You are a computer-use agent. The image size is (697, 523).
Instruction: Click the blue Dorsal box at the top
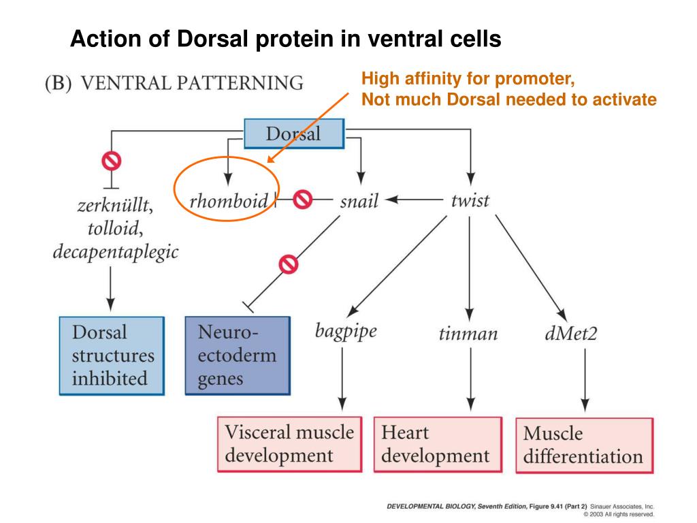pos(294,133)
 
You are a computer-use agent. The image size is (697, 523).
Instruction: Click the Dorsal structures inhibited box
pos(112,355)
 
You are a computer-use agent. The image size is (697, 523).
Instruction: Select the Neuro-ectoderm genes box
pos(236,355)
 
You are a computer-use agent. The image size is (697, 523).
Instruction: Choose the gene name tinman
pos(468,334)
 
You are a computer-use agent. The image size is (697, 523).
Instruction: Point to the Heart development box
pos(434,443)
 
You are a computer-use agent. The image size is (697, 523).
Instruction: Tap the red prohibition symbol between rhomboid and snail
pos(302,200)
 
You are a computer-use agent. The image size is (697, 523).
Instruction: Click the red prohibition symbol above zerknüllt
pos(110,161)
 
